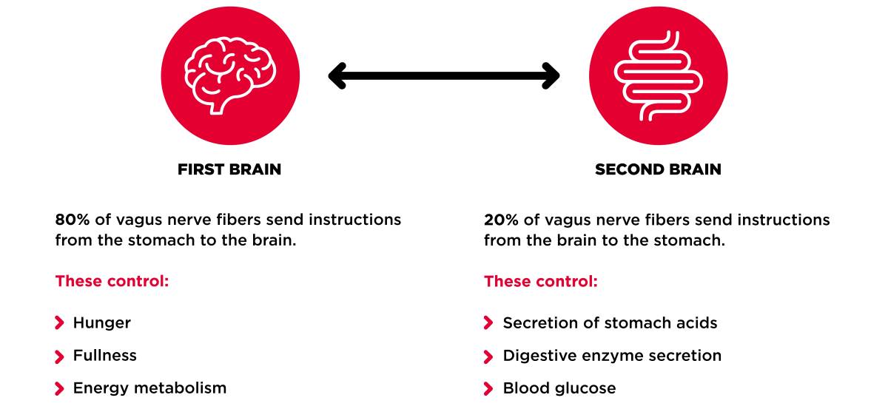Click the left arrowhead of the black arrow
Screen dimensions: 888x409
click(337, 75)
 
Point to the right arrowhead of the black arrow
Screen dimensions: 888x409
click(551, 75)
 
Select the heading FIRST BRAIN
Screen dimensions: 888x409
click(229, 169)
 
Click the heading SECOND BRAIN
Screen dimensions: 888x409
click(658, 169)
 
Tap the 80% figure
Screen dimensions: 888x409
click(73, 220)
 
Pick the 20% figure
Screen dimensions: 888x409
click(501, 220)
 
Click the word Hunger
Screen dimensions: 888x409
click(102, 323)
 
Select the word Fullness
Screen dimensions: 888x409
click(104, 356)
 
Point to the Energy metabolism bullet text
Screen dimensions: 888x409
click(149, 388)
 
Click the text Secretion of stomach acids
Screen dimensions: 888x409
click(610, 323)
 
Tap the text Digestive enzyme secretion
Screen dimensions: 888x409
click(612, 356)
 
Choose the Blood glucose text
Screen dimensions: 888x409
click(559, 388)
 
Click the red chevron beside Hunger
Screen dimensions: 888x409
click(59, 323)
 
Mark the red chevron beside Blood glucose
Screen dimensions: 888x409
click(488, 389)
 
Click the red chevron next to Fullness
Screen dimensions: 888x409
click(59, 356)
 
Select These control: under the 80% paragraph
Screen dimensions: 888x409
click(112, 281)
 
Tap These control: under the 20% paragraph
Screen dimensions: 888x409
click(541, 281)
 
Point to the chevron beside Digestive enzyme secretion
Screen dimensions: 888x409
click(488, 356)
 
